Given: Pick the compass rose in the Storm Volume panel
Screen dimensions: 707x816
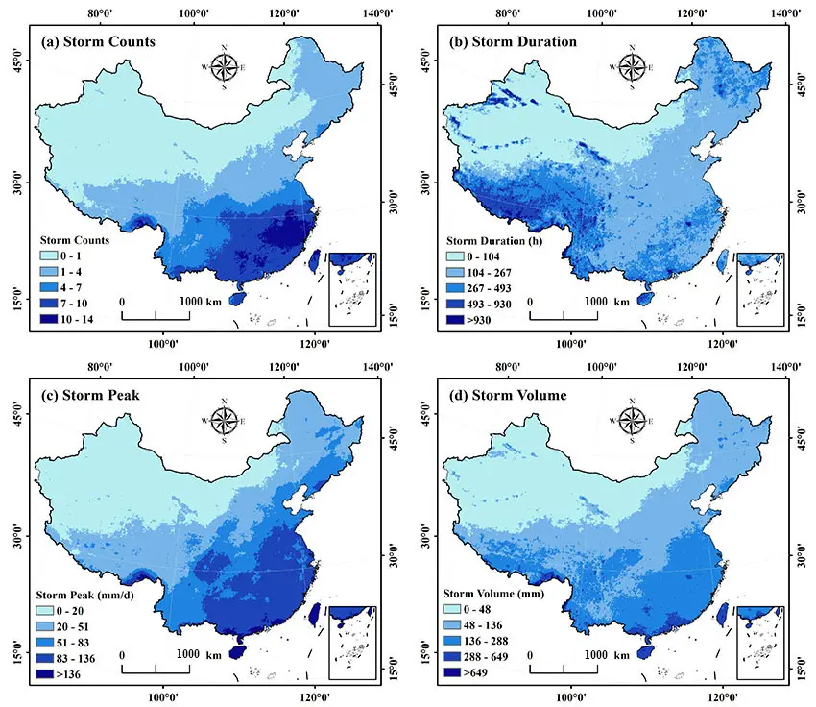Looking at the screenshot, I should [x=633, y=420].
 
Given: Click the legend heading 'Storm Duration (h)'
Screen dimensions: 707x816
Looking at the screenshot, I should [x=496, y=240].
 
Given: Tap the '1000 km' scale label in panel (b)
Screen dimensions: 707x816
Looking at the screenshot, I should [x=605, y=301].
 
